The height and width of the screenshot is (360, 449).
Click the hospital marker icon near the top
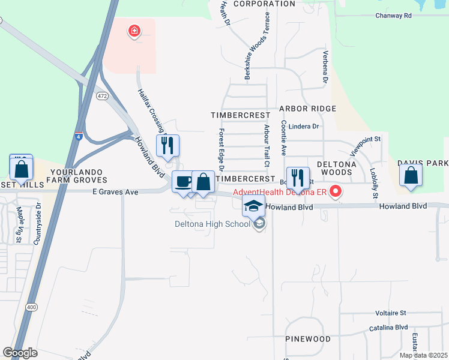134,30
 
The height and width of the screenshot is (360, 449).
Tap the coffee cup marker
183,181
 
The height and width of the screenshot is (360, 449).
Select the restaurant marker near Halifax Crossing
167,145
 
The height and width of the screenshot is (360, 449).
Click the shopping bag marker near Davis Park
411,176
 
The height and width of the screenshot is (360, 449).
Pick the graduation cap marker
254,206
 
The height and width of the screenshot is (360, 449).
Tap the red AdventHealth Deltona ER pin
336,193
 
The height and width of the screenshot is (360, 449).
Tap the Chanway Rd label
394,16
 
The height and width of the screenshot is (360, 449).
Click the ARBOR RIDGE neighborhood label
307,109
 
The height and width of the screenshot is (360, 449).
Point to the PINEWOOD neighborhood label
308,339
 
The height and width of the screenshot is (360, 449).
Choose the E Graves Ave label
115,192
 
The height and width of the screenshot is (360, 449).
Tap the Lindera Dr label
303,127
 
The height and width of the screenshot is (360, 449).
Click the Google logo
20,353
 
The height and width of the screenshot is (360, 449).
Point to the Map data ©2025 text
423,355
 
